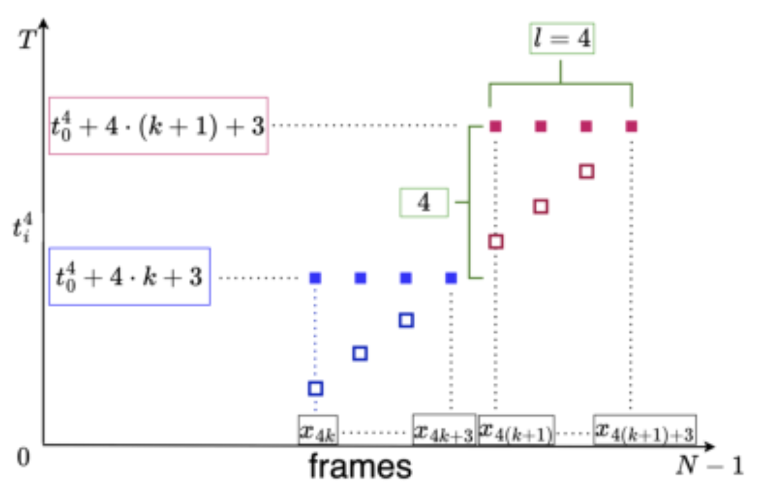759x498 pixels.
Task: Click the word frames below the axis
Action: pyautogui.click(x=360, y=467)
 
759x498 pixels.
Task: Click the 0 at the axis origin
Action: pyautogui.click(x=23, y=457)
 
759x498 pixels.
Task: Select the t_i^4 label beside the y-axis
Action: pyautogui.click(x=22, y=227)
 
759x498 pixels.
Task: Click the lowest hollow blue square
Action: pyautogui.click(x=316, y=389)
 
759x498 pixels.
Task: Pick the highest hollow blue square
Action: pyautogui.click(x=406, y=320)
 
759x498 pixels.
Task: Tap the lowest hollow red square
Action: pyautogui.click(x=496, y=242)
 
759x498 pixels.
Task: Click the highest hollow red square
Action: pyautogui.click(x=586, y=171)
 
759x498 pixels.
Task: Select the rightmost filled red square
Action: pyautogui.click(x=631, y=127)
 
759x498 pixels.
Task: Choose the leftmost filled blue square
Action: pyautogui.click(x=316, y=278)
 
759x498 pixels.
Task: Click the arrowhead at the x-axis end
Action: pyautogui.click(x=710, y=446)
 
